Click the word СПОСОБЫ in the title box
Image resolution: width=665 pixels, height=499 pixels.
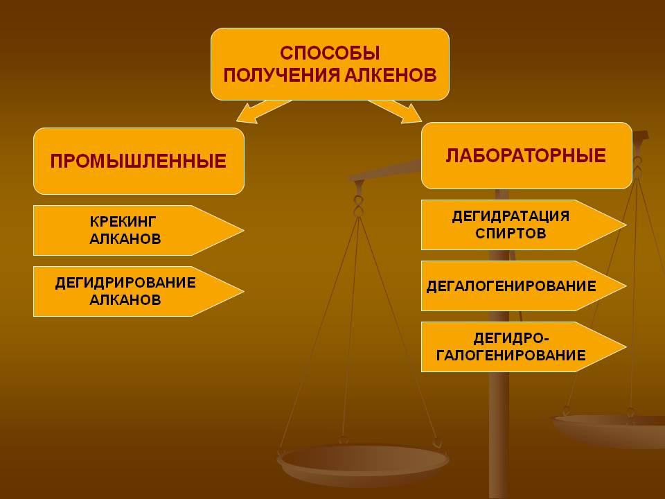click(330, 53)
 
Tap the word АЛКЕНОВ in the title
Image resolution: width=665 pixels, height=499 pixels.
click(390, 75)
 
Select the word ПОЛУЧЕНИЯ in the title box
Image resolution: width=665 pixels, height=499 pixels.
click(281, 75)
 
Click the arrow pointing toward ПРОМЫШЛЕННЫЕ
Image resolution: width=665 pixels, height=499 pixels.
click(264, 111)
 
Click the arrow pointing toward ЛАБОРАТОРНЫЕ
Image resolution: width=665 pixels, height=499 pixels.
click(395, 111)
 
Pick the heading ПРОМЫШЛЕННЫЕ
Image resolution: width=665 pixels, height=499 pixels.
click(139, 161)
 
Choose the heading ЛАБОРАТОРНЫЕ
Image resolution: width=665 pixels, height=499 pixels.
click(526, 156)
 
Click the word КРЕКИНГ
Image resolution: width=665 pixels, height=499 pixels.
click(123, 222)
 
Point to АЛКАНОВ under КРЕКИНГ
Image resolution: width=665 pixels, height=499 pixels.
click(125, 239)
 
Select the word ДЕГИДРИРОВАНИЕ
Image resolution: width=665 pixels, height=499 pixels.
click(125, 283)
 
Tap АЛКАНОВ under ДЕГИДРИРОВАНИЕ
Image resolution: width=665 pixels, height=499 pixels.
click(125, 300)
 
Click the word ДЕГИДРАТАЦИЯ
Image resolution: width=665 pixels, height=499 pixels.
click(511, 216)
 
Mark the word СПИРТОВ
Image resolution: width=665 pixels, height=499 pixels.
click(511, 234)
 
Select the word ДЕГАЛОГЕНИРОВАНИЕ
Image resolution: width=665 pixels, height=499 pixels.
click(511, 286)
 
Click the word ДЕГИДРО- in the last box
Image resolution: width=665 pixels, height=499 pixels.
click(511, 338)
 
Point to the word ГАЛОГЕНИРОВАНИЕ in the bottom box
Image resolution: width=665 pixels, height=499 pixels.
click(511, 355)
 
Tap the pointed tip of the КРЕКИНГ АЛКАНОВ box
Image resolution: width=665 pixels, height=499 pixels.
click(245, 230)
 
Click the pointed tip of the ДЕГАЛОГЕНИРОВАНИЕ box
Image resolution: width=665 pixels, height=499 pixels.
click(627, 286)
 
